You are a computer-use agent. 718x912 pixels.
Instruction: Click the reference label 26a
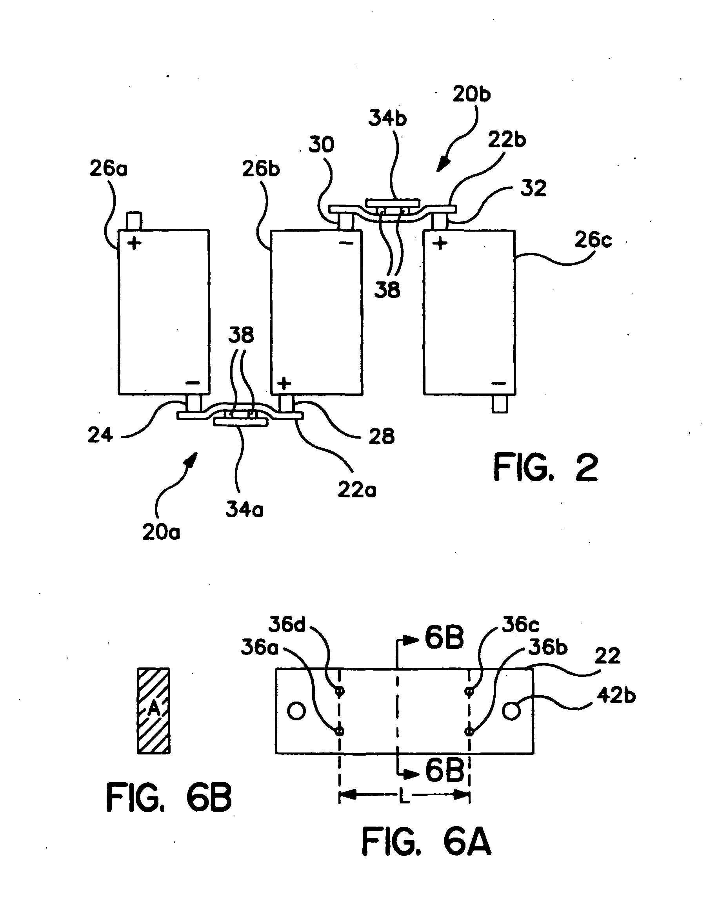point(108,169)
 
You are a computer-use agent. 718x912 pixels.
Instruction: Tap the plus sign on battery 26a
point(134,243)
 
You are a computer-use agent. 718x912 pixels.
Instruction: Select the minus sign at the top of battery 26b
point(346,243)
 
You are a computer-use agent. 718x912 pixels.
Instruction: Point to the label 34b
point(387,119)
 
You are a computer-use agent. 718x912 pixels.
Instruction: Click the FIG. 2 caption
point(545,468)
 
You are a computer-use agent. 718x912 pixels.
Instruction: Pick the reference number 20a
point(161,533)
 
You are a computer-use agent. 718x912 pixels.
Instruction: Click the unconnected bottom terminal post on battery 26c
point(500,404)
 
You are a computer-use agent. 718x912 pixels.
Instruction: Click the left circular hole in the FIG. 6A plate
point(296,711)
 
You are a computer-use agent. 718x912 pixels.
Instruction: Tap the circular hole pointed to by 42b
point(511,711)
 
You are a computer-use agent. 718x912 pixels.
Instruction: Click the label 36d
point(287,625)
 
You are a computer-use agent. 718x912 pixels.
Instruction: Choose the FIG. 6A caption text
point(426,842)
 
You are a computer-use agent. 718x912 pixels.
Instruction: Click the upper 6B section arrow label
point(444,637)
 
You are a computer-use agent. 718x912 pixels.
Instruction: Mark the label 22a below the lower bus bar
point(356,490)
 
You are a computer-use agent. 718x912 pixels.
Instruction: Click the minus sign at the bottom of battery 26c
point(498,383)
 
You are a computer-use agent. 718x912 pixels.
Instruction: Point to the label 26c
point(593,240)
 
